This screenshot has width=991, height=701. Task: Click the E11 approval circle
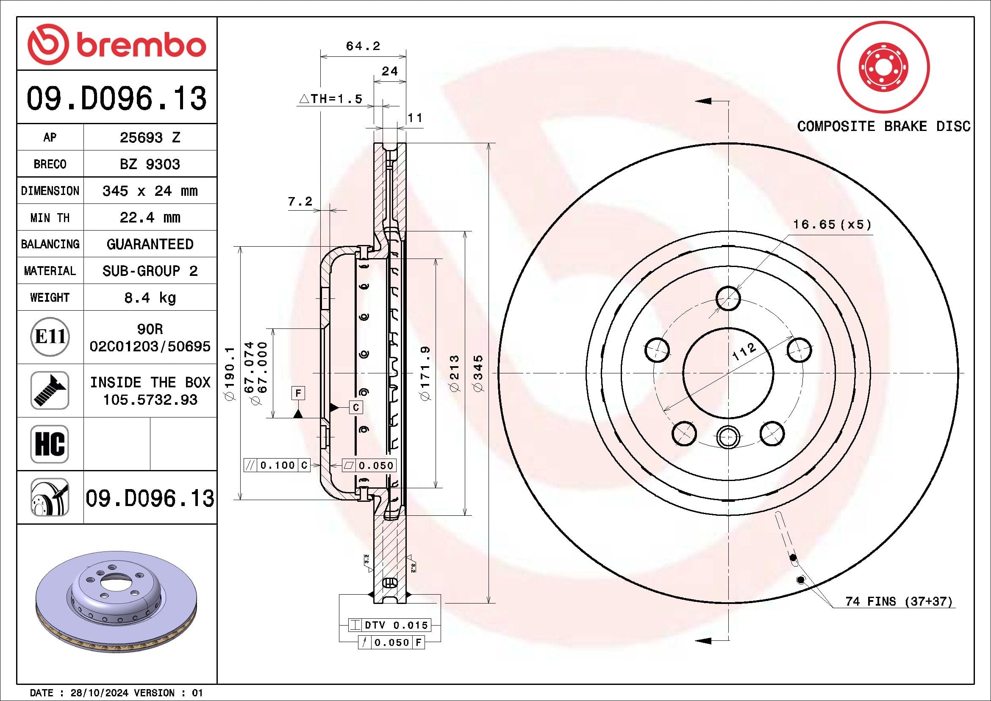[x=50, y=337]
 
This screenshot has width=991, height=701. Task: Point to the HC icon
[x=50, y=444]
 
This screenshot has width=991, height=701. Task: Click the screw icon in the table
[x=50, y=390]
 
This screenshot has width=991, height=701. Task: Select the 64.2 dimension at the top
[x=363, y=46]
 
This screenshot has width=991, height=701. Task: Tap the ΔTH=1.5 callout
[x=330, y=99]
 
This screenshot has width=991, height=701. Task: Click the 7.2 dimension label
[x=300, y=201]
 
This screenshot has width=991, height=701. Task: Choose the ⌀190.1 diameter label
[x=230, y=373]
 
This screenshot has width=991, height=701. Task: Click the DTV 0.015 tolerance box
[x=389, y=625]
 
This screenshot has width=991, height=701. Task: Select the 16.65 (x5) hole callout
[x=832, y=225]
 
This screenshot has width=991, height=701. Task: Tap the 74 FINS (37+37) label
[x=899, y=601]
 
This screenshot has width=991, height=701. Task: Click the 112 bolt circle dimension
[x=744, y=352]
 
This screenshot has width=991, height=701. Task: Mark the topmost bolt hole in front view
[x=728, y=298]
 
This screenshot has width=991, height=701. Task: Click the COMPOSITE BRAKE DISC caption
[x=883, y=126]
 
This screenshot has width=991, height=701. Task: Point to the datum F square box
[x=298, y=393]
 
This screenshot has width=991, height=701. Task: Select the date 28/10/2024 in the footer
[x=99, y=693]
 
